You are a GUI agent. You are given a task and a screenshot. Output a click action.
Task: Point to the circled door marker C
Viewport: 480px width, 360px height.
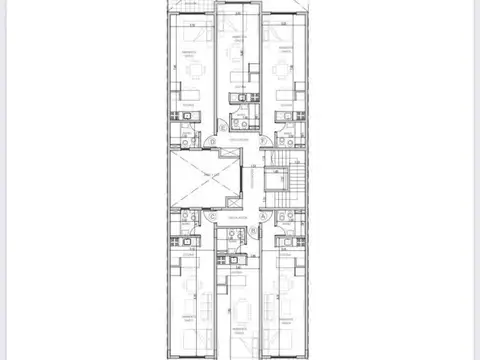(x=211, y=216)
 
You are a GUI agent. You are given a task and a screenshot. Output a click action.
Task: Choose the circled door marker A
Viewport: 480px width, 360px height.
(x=263, y=216)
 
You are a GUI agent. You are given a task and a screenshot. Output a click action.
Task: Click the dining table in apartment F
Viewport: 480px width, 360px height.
(x=279, y=68)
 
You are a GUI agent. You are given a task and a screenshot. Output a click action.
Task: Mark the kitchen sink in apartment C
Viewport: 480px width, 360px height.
(x=180, y=243)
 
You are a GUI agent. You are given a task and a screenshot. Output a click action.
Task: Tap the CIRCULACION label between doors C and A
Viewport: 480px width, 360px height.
(x=237, y=216)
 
